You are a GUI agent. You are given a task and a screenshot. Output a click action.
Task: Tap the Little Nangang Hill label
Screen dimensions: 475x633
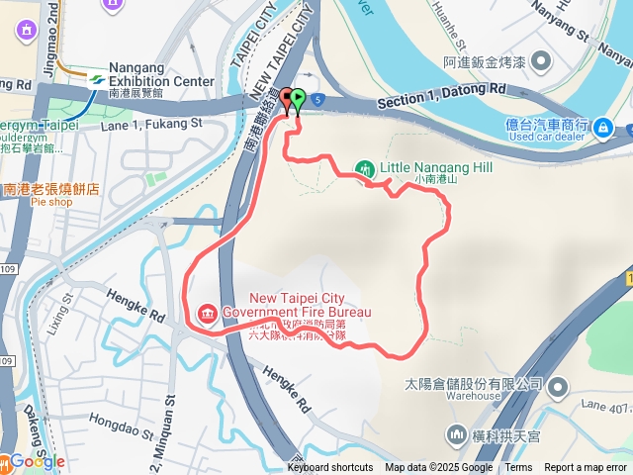pos(436,168)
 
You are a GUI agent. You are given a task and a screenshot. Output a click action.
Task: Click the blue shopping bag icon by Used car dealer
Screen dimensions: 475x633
pos(602,128)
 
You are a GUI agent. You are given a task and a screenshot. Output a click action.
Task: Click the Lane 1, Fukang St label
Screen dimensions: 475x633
pos(151,124)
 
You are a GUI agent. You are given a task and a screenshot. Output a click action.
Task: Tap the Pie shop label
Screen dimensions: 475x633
pos(51,202)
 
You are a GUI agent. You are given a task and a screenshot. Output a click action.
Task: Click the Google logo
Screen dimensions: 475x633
pos(38,461)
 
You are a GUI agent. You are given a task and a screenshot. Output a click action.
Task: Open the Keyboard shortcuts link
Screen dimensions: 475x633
pos(330,468)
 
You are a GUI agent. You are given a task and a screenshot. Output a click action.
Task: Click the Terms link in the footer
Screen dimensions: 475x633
pos(518,468)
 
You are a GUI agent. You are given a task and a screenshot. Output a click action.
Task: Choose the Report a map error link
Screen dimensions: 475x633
pos(587,468)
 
